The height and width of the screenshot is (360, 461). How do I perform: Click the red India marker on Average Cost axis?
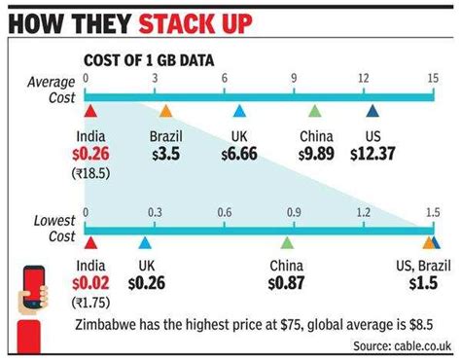click(x=89, y=110)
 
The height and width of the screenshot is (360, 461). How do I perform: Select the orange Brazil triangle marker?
click(x=165, y=110)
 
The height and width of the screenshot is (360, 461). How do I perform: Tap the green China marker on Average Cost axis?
click(x=314, y=110)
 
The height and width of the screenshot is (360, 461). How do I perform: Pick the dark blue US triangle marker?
click(x=372, y=110)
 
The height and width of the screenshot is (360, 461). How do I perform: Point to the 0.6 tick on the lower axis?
click(x=225, y=212)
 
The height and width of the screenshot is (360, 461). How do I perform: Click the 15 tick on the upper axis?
click(x=431, y=77)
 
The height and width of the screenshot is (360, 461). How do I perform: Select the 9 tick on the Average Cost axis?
click(x=294, y=77)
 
